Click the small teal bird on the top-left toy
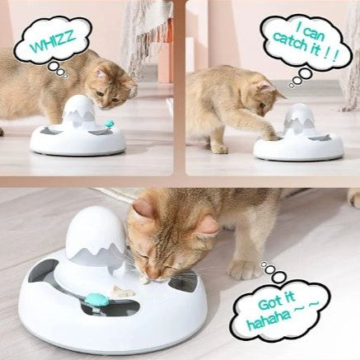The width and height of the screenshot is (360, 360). (110, 123)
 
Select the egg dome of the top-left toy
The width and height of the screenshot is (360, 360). (80, 108)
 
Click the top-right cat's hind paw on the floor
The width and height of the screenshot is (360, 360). (220, 149)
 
